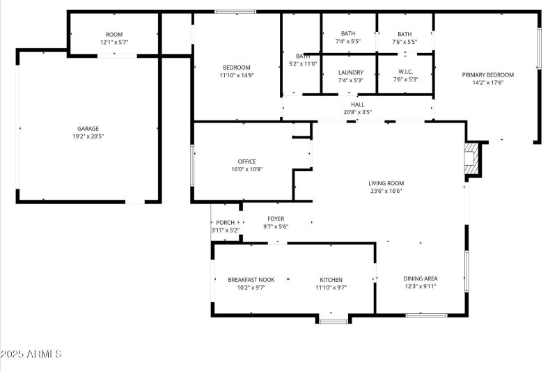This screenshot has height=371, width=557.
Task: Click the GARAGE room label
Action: pos(88,128)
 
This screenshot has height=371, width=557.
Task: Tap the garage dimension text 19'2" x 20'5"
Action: pos(88,136)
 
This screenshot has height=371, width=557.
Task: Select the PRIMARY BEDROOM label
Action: pos(487,75)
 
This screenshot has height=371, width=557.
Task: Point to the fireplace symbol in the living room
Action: pos(472,159)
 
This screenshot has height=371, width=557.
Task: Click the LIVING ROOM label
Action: pos(386,184)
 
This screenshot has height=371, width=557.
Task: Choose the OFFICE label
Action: pos(246,161)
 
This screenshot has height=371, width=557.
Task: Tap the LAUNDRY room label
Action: pos(350,72)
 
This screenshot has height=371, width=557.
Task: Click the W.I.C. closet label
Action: pos(405,72)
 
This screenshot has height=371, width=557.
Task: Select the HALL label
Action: pos(357,104)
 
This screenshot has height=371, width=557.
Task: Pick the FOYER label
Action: pos(275,219)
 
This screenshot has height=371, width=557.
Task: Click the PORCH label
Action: pos(225,223)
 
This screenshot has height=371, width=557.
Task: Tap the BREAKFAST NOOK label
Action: pos(251,280)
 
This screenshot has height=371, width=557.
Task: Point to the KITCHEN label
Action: pos(330,280)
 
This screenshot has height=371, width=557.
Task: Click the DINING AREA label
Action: pos(421,278)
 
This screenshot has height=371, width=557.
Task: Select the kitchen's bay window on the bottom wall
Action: pos(333,319)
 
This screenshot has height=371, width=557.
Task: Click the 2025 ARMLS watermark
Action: pos(31,354)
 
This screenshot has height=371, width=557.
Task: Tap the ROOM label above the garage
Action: pos(113,35)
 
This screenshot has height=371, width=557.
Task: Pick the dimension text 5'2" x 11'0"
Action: pos(303,64)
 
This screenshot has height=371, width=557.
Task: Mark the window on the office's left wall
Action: pos(193,165)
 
